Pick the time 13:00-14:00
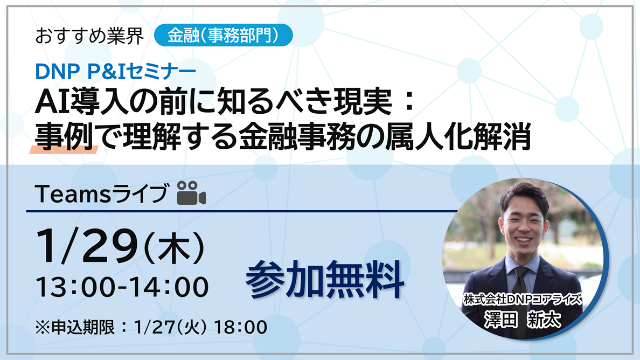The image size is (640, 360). [122, 287]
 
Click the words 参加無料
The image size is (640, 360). [325, 280]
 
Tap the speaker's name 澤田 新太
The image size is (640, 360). [522, 319]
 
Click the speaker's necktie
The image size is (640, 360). [520, 278]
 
